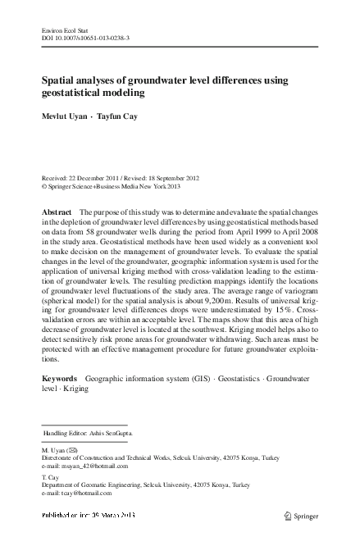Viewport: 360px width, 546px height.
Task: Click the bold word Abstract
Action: pos(57,212)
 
